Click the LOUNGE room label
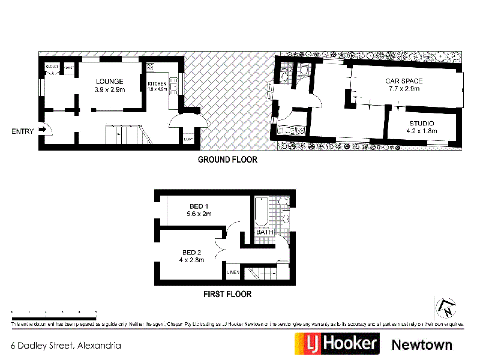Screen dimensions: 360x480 (x=109, y=82)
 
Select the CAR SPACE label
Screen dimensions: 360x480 (x=404, y=81)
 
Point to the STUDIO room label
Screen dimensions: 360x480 (x=419, y=124)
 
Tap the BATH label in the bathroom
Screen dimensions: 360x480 (x=265, y=232)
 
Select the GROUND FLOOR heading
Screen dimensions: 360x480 (x=227, y=160)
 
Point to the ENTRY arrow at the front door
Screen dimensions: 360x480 (x=42, y=128)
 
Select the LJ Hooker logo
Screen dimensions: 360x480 (x=337, y=344)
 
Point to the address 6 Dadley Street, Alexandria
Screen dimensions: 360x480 (x=66, y=346)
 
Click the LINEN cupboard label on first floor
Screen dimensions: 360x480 (x=233, y=273)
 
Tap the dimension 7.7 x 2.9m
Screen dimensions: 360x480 (x=404, y=89)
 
